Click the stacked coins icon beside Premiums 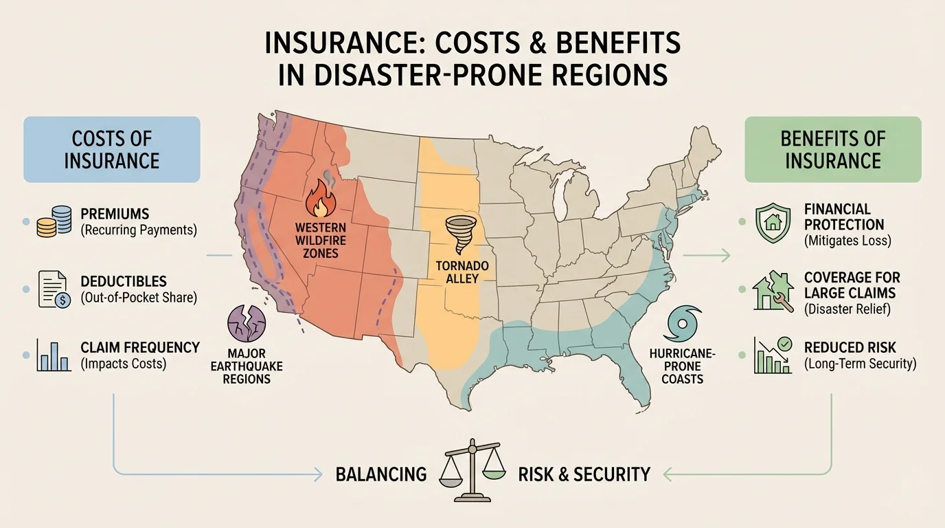coord(54,222)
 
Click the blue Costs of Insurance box coord(112,149)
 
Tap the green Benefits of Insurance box coord(833,149)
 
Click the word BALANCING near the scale coord(381,474)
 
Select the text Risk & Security coord(584,474)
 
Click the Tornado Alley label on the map coord(457,272)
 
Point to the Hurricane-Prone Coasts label coord(682,365)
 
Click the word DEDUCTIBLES coord(124,283)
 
